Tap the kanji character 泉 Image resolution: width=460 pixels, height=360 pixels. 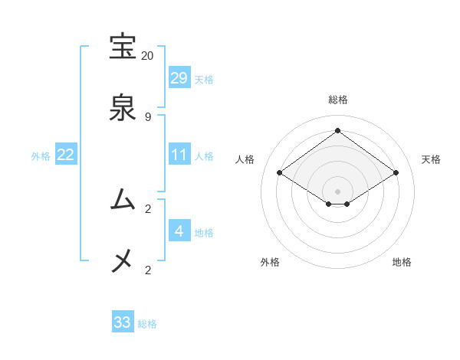[x=123, y=108]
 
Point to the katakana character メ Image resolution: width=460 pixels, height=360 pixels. [x=123, y=261]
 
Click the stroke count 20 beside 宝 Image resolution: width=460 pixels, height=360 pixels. [x=147, y=56]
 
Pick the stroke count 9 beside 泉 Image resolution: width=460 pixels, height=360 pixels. [x=147, y=116]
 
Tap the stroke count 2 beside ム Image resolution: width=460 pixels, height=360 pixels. [x=147, y=208]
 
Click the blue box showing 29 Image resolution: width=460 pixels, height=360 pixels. [x=179, y=78]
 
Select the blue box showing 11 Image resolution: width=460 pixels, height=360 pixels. [x=179, y=155]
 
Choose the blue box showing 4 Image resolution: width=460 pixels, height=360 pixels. [x=179, y=231]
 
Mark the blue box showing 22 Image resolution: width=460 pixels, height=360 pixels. [x=66, y=155]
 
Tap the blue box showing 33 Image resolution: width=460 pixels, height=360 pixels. [x=123, y=322]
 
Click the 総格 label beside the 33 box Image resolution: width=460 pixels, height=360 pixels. [x=147, y=324]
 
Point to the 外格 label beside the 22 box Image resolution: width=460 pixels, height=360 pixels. [x=41, y=156]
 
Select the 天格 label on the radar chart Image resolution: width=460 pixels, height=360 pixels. [x=431, y=159]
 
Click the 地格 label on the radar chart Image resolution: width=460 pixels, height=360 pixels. [x=402, y=262]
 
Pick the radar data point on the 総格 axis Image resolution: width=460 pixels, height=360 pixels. [x=337, y=131]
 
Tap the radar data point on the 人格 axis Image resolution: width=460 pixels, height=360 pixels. [x=279, y=173]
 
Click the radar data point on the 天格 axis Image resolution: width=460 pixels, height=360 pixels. [x=396, y=173]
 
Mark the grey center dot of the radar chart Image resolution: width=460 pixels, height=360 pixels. [x=337, y=191]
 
